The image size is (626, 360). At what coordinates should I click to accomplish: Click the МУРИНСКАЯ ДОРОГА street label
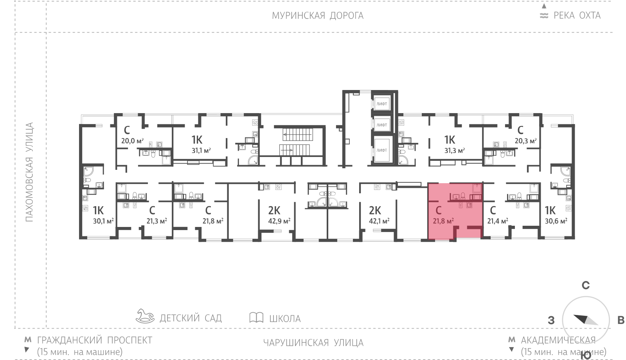(x=318, y=16)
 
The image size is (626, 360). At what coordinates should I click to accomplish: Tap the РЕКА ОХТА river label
(x=577, y=15)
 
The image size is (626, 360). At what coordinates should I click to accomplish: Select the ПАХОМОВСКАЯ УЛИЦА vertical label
(x=29, y=172)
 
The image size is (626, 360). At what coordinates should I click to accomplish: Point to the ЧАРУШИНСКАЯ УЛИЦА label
(x=313, y=343)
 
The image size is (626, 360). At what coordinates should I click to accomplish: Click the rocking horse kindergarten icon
(x=145, y=316)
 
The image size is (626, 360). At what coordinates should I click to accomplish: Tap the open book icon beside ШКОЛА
(x=256, y=317)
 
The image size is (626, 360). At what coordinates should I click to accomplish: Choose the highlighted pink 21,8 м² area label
(x=443, y=221)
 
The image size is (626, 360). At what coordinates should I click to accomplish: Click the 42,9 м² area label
(x=279, y=221)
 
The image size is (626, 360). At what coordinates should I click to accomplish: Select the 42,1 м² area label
(x=379, y=221)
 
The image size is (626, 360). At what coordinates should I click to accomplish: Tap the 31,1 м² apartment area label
(x=201, y=151)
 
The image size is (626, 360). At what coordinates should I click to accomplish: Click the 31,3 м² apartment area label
(x=454, y=151)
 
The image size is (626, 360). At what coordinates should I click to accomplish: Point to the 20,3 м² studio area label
(x=526, y=140)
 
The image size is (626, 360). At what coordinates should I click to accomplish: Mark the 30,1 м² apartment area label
(x=103, y=221)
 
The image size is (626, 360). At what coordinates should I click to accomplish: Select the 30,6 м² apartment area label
(x=556, y=221)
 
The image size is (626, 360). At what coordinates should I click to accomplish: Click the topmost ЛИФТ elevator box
(x=382, y=104)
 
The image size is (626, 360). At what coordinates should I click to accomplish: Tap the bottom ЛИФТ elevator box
(x=382, y=150)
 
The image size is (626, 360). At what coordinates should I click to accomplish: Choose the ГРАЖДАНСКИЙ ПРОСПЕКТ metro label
(x=95, y=340)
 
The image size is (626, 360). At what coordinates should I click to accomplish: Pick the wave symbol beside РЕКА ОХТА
(x=544, y=16)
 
